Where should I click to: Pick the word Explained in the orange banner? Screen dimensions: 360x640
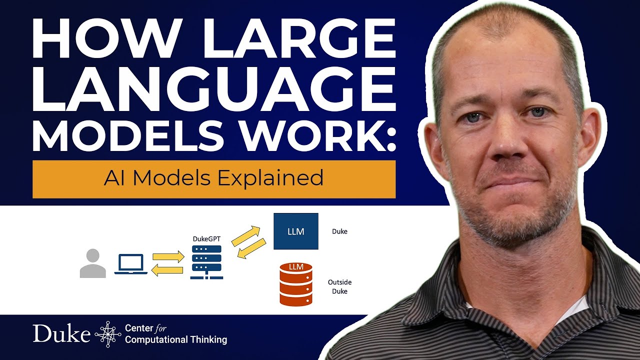pos(281,178)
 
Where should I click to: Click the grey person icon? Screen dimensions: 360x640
pos(92,263)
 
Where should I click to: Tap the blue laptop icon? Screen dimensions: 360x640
pos(131,264)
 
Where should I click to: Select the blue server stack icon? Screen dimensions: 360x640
pos(206,262)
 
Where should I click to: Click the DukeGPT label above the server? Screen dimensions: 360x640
pos(206,239)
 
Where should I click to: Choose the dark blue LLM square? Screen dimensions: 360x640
pos(296,231)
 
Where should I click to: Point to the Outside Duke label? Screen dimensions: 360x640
pos(339,286)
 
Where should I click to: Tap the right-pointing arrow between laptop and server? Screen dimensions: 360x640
pos(168,257)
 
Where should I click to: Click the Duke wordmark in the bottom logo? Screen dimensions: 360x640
pos(61,333)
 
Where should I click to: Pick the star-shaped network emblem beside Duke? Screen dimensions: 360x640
pos(107,334)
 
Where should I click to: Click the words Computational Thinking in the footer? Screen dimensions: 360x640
pos(176,340)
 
